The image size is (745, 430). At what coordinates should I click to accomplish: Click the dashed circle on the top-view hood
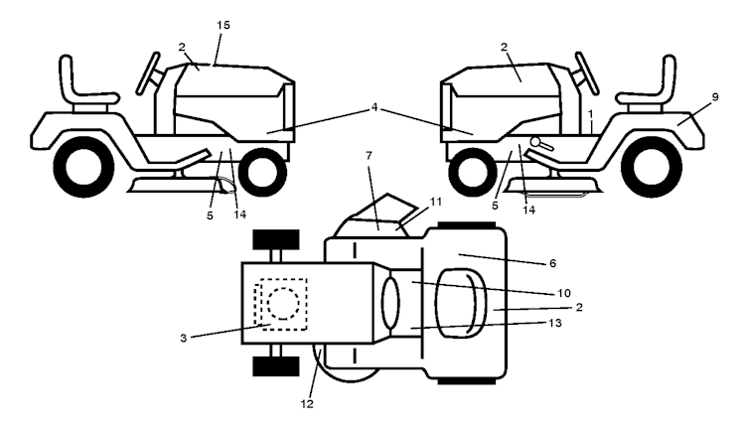pos(281,300)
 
